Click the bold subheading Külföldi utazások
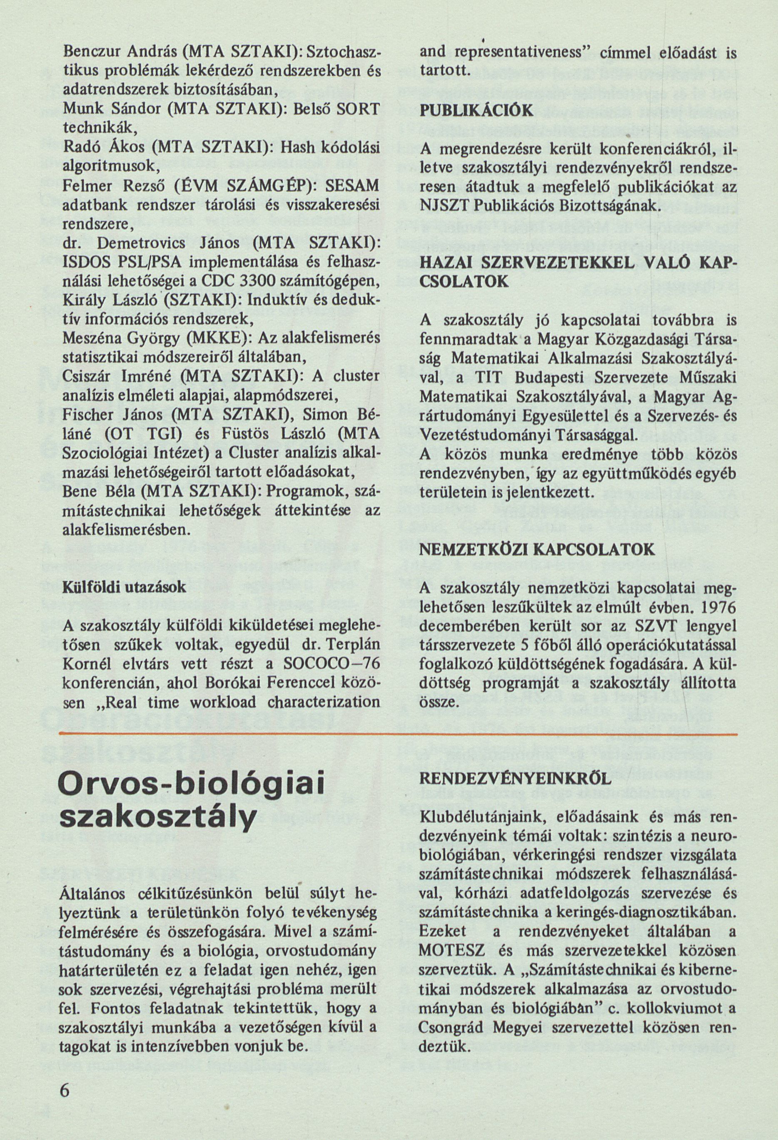[x=125, y=588]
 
